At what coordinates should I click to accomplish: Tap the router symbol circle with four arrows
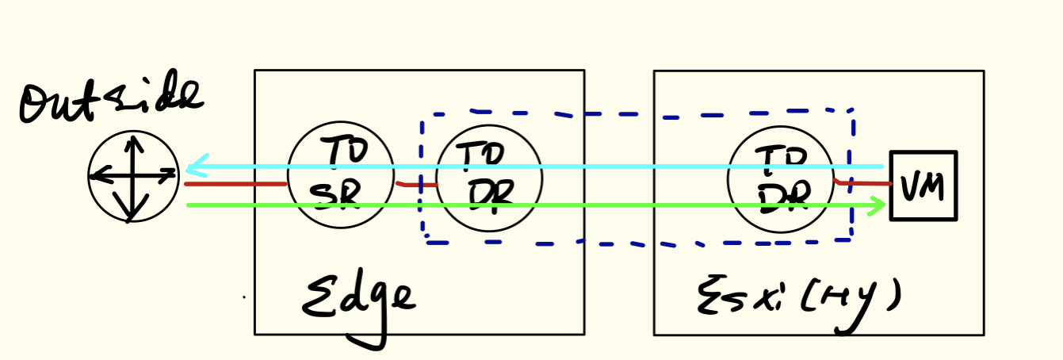point(133,177)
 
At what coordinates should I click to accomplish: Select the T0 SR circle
point(340,175)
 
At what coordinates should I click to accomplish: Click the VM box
point(923,186)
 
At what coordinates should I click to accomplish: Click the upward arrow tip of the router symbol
point(133,141)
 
